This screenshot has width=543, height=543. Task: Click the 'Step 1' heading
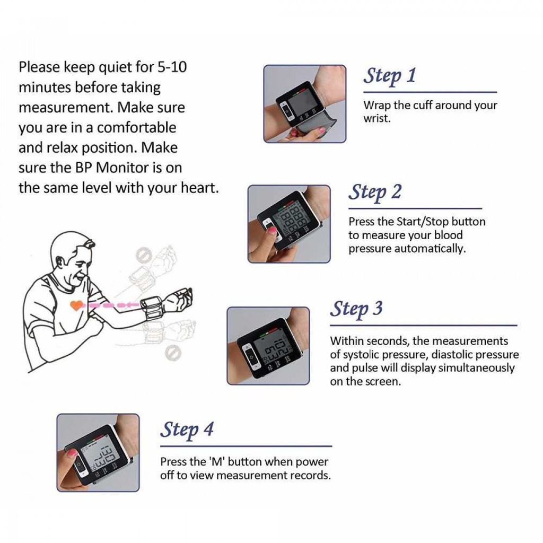(x=390, y=76)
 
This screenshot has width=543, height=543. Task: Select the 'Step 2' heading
(x=375, y=192)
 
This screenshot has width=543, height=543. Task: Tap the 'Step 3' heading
(x=356, y=309)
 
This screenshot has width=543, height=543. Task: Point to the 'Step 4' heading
(x=187, y=430)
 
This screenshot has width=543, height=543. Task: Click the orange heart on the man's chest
(x=76, y=305)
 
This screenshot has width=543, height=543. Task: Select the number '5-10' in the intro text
(x=172, y=67)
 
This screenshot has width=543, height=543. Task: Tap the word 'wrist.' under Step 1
(x=377, y=118)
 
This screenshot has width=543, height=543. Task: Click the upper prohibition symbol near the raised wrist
(x=143, y=255)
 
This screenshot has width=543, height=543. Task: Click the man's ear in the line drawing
(x=62, y=262)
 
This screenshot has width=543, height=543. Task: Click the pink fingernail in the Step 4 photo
(x=72, y=453)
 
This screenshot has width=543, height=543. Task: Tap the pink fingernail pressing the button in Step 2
(x=271, y=230)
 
